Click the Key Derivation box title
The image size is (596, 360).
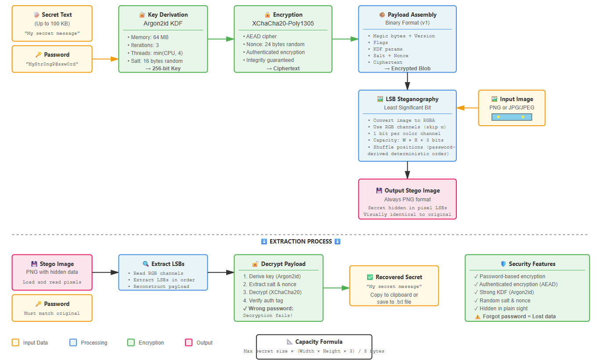(x=163, y=15)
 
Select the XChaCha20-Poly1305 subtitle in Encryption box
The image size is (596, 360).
(x=283, y=23)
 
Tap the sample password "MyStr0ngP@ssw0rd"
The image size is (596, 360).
(x=52, y=64)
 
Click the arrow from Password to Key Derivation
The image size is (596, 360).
(x=105, y=58)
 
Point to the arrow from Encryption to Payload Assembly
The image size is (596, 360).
(x=345, y=39)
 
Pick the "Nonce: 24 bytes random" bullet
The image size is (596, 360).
(x=275, y=44)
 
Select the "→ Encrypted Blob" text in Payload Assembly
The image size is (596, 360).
(x=407, y=69)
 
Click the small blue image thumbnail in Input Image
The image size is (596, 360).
(x=512, y=117)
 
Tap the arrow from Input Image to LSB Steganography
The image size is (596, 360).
(x=467, y=108)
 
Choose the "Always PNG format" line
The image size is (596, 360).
(x=408, y=199)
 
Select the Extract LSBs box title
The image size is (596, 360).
(x=163, y=264)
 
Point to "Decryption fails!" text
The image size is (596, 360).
(x=267, y=316)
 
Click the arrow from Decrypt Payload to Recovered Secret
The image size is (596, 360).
(x=336, y=288)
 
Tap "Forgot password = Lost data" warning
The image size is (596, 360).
(x=519, y=316)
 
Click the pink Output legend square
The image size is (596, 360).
(x=189, y=342)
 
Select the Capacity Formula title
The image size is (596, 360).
(x=314, y=342)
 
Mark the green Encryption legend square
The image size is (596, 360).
(x=131, y=342)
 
